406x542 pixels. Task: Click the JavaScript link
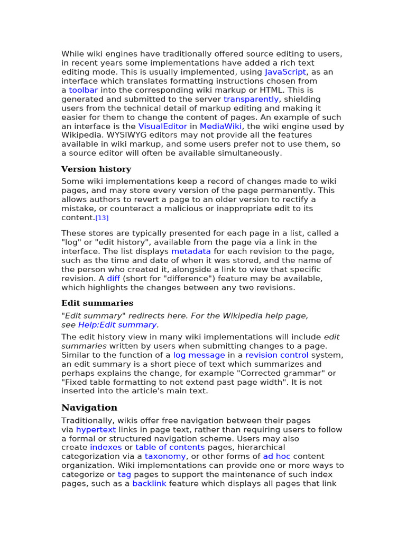(x=285, y=72)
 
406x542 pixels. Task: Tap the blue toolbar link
(x=83, y=90)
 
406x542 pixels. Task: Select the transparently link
(x=251, y=99)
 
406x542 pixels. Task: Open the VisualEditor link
(x=163, y=126)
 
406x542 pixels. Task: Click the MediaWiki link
(x=220, y=126)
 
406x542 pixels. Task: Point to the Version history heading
(x=96, y=169)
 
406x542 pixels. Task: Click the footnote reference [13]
(x=102, y=218)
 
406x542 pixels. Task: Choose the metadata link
(x=191, y=251)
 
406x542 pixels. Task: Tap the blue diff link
(x=113, y=278)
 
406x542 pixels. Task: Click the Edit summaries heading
(x=97, y=303)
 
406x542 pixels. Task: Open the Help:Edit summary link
(x=117, y=325)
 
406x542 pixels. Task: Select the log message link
(x=199, y=355)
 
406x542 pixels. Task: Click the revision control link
(x=276, y=355)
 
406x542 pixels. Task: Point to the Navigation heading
(x=89, y=408)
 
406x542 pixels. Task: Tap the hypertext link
(x=96, y=430)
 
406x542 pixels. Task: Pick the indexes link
(x=106, y=448)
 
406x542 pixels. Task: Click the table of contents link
(x=170, y=448)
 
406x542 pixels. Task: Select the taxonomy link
(x=165, y=456)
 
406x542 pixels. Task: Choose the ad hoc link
(x=276, y=456)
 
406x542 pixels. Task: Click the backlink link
(x=149, y=484)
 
